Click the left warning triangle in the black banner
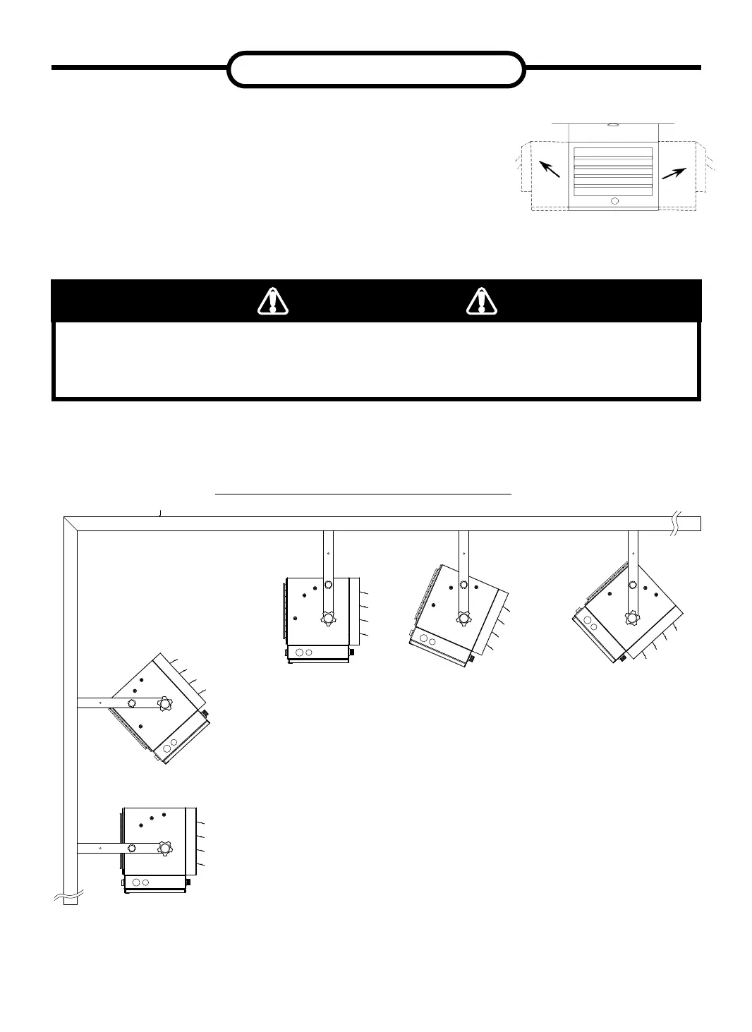(x=272, y=301)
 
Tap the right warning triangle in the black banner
(x=482, y=301)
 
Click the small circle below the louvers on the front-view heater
(x=614, y=201)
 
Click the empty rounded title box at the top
(x=377, y=69)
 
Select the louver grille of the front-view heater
(x=613, y=171)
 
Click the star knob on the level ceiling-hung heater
(x=328, y=619)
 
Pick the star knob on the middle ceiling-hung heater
(x=463, y=618)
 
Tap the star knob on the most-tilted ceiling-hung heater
(x=632, y=617)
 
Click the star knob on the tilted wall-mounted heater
(x=166, y=703)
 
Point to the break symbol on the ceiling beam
(x=677, y=523)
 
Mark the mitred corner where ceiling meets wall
(x=71, y=523)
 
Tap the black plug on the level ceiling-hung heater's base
(x=351, y=652)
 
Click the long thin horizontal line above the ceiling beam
(x=363, y=495)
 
